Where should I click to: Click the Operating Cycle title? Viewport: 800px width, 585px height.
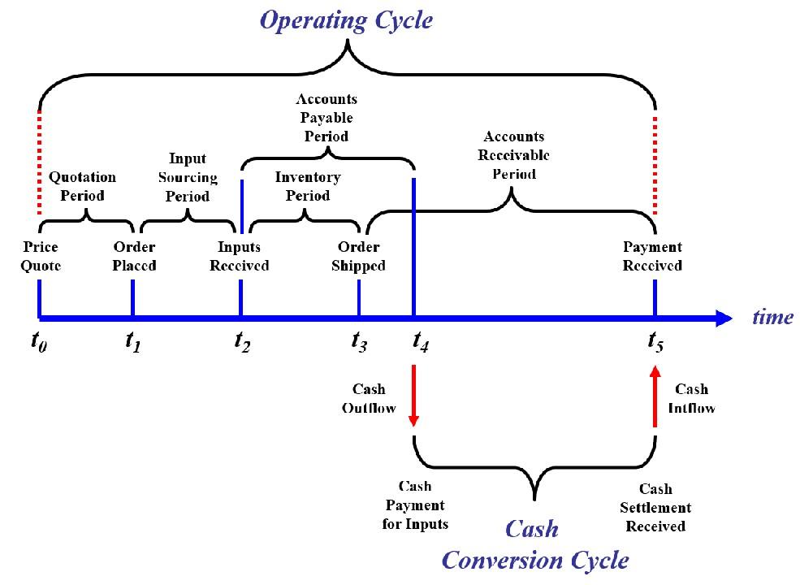345,20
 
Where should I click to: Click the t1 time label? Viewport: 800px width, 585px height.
132,343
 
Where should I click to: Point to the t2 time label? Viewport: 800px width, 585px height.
241,343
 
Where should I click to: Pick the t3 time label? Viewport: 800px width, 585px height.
359,343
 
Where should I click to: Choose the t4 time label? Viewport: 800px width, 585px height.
421,343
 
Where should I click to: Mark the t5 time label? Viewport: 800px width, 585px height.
655,343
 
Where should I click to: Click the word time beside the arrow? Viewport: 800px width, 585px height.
772,317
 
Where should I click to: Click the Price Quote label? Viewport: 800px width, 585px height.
41,256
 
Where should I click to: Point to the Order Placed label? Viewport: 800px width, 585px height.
134,256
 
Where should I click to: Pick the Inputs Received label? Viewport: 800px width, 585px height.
239,256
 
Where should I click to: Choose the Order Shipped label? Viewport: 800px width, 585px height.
358,256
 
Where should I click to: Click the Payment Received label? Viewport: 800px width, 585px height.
652,256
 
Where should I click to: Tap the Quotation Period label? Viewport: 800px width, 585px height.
82,186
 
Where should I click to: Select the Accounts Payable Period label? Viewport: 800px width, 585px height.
326,118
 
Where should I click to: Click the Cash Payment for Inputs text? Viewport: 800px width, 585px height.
415,505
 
